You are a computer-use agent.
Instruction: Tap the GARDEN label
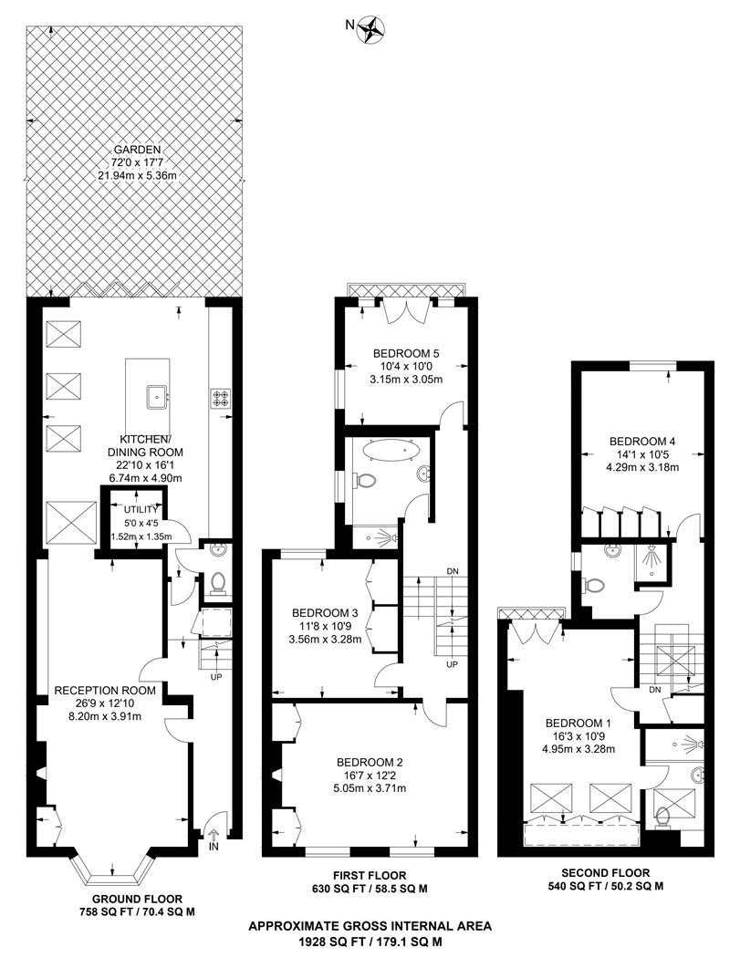click(137, 149)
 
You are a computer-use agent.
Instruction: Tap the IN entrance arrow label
click(215, 847)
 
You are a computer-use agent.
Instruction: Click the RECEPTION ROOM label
click(106, 691)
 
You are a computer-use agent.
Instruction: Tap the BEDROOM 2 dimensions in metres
click(370, 788)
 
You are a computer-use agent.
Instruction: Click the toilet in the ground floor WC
click(218, 582)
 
